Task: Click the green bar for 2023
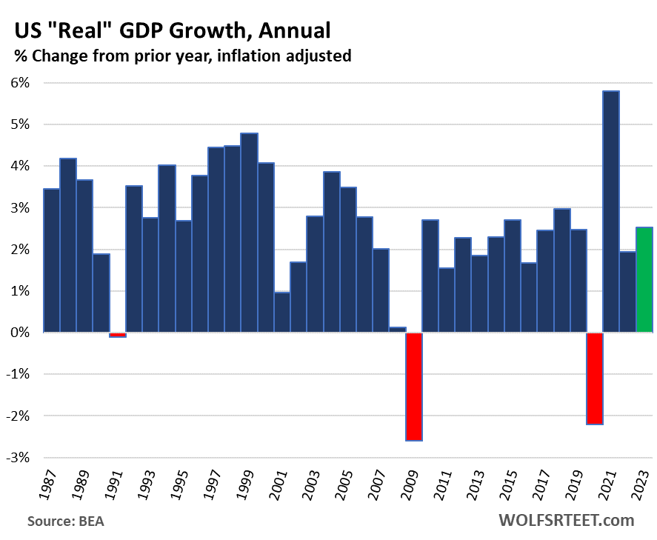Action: tap(644, 280)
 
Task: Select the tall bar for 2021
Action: tap(611, 212)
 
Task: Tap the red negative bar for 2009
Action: tap(413, 386)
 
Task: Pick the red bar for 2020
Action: tap(595, 378)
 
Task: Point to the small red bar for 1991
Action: tap(118, 335)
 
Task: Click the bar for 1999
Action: tap(249, 233)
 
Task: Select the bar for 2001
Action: tap(281, 312)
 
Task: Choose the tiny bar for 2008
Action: tap(397, 330)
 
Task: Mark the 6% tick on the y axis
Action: tap(19, 83)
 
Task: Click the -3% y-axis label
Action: tap(19, 458)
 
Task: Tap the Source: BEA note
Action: tap(66, 521)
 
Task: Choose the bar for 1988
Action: tap(68, 245)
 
